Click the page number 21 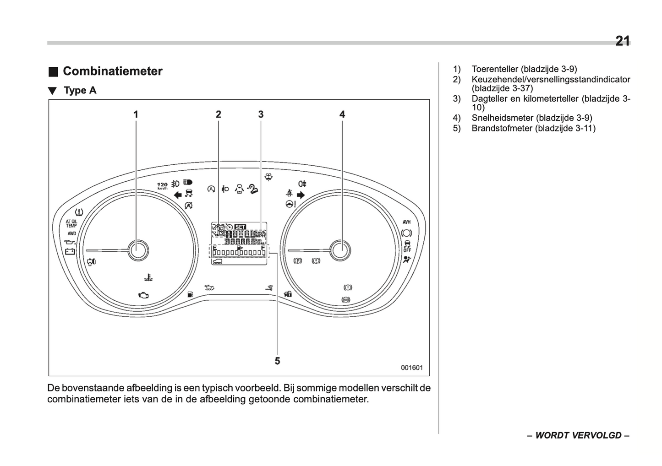(622, 41)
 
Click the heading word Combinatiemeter (112, 71)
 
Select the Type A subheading (80, 90)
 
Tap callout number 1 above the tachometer (136, 114)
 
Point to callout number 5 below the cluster (277, 361)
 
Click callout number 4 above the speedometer (342, 114)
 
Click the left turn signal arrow (178, 195)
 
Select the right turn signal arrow (301, 195)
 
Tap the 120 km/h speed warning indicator (162, 185)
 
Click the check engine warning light (143, 295)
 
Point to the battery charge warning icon (70, 251)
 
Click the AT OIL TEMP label (71, 223)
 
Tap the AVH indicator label (406, 222)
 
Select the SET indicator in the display (240, 227)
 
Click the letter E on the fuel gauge (214, 248)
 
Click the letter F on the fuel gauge (263, 248)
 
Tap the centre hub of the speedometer (339, 250)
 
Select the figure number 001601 (411, 368)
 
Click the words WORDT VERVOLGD (578, 435)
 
